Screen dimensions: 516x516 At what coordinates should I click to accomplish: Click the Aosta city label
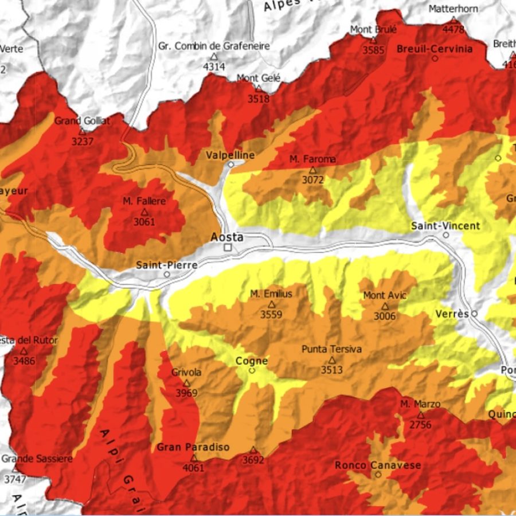pos(227,237)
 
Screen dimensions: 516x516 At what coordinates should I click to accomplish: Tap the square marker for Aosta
pos(228,248)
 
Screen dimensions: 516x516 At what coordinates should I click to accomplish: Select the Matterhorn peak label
pos(453,9)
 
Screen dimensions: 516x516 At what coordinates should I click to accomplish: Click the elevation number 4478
pos(454,29)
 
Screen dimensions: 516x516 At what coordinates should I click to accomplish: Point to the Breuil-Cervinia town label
pos(435,49)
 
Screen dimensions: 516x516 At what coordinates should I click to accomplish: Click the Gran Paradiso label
pos(193,447)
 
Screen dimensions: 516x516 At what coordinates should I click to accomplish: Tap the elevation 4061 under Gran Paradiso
pos(193,468)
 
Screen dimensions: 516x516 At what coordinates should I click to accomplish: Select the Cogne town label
pos(252,361)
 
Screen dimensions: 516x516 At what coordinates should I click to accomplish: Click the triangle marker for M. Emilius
pos(272,304)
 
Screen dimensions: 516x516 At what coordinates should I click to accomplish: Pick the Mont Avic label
pos(385,295)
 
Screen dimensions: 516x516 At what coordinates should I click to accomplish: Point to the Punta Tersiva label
pos(331,349)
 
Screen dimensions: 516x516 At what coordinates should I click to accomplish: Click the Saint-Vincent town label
pos(445,226)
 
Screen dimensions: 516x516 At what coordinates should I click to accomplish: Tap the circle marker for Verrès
pos(475,314)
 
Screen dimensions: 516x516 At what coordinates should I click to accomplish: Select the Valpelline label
pos(230,155)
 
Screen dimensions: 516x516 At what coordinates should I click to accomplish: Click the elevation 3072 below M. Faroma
pos(313,179)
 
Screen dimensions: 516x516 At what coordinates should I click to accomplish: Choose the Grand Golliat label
pos(82,120)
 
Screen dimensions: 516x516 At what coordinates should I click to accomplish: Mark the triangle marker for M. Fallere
pos(144,212)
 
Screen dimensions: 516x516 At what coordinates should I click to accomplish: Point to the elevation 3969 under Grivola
pos(186,393)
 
